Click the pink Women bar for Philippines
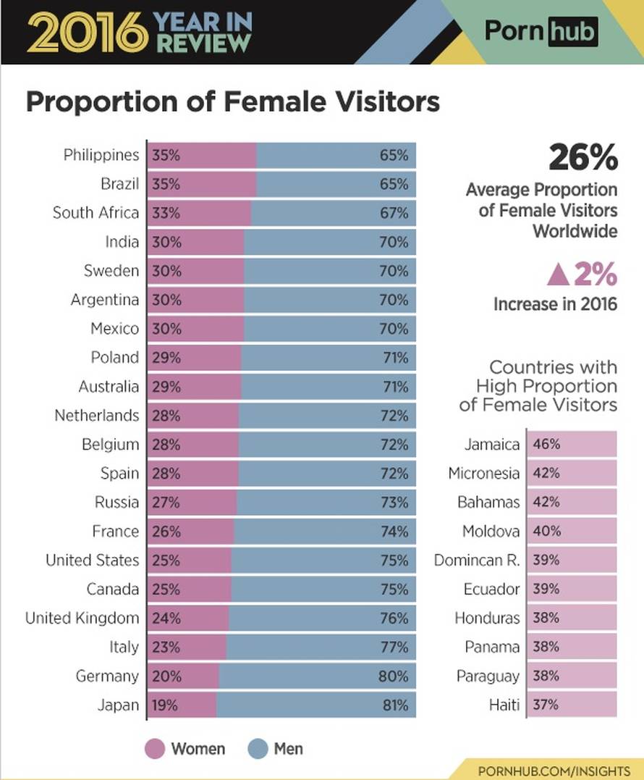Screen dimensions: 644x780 pyautogui.click(x=202, y=155)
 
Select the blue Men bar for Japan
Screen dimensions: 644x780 pyautogui.click(x=316, y=705)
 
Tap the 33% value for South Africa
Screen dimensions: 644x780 pyautogui.click(x=166, y=213)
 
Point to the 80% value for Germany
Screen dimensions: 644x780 pyautogui.click(x=394, y=676)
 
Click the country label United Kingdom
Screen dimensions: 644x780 pyautogui.click(x=82, y=618)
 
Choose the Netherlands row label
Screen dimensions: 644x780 pyautogui.click(x=96, y=415)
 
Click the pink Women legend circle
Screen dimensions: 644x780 pyautogui.click(x=155, y=749)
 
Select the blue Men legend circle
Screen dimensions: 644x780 pyautogui.click(x=258, y=749)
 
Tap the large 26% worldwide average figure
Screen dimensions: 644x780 pyautogui.click(x=583, y=157)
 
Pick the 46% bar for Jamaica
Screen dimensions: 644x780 pyautogui.click(x=572, y=444)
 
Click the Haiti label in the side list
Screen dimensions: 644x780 pyautogui.click(x=504, y=705)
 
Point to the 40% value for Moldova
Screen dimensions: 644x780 pyautogui.click(x=546, y=531)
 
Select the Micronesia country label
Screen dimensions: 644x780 pyautogui.click(x=483, y=473)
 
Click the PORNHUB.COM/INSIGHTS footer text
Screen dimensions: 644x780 pyautogui.click(x=554, y=770)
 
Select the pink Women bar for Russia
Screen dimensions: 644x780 pyautogui.click(x=192, y=502)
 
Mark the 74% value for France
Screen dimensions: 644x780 pyautogui.click(x=394, y=532)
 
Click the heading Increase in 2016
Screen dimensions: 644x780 pyautogui.click(x=555, y=304)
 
